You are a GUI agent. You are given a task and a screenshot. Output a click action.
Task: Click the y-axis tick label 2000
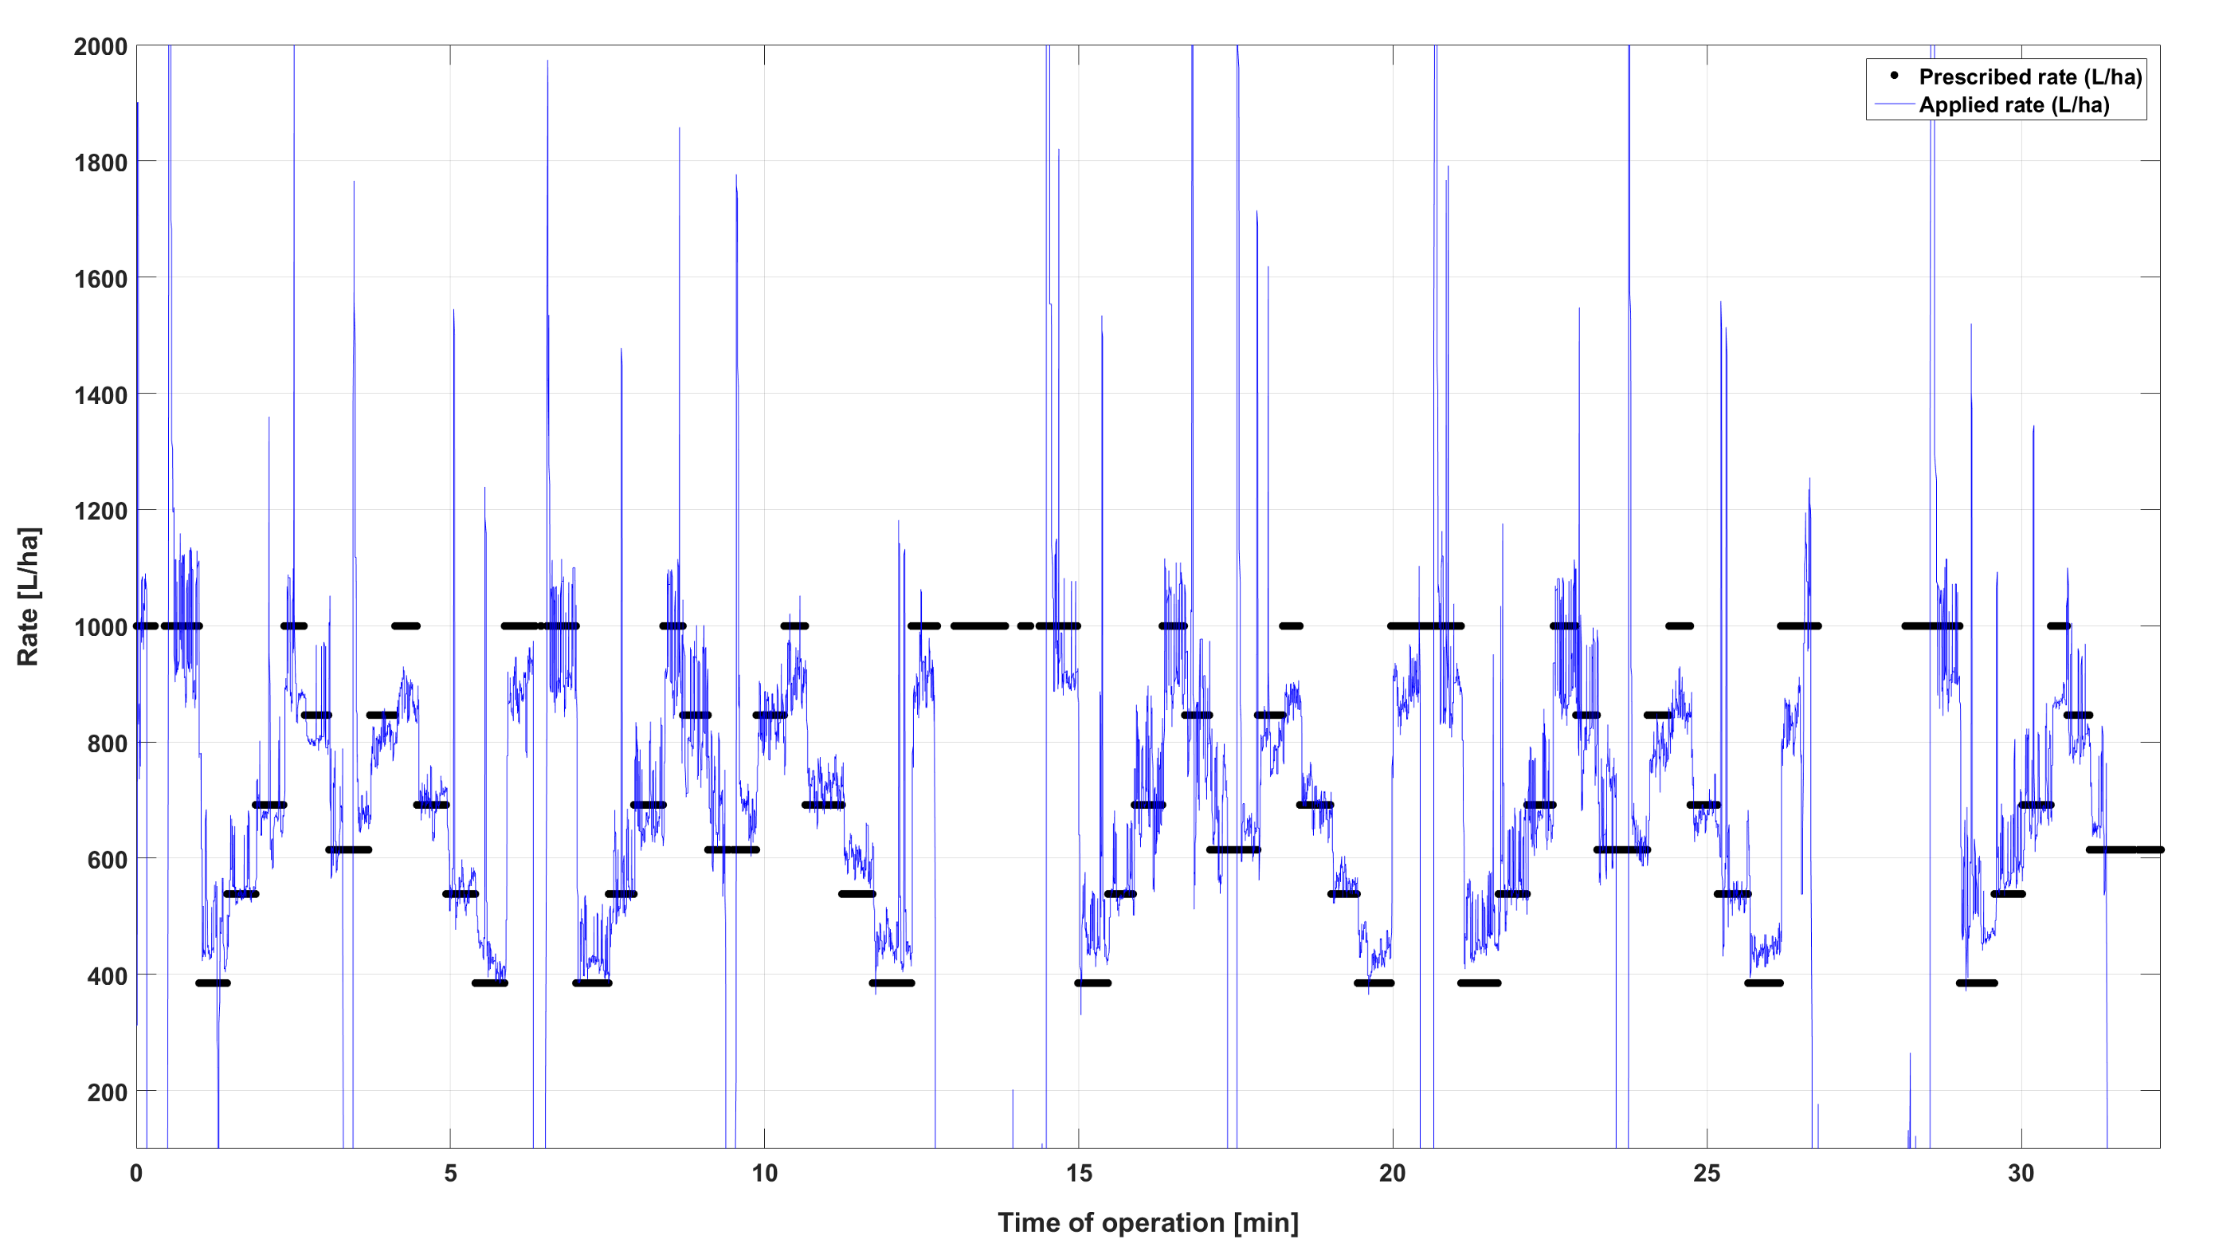tap(100, 47)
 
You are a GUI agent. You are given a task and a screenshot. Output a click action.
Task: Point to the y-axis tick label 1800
tap(100, 163)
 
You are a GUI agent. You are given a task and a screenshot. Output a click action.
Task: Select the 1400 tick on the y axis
tap(100, 395)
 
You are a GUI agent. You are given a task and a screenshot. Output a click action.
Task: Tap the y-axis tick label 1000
tap(100, 627)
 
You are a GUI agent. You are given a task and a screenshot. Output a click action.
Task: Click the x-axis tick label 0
tap(136, 1174)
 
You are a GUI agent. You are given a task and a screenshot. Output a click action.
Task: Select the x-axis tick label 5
tap(450, 1174)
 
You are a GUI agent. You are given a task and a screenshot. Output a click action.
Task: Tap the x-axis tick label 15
tap(1078, 1174)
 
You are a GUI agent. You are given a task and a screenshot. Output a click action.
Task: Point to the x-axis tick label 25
tap(1707, 1174)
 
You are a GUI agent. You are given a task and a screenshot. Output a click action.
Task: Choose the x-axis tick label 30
tap(2021, 1174)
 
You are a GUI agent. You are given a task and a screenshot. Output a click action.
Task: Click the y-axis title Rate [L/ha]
tap(28, 597)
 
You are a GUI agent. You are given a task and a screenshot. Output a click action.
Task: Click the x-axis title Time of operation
tap(1147, 1222)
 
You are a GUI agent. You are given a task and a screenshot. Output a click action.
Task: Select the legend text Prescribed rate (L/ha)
tap(2030, 77)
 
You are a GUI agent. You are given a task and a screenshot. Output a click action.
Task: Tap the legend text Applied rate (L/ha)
tap(2013, 105)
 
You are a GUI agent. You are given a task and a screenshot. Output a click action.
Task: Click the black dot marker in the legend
tap(1894, 76)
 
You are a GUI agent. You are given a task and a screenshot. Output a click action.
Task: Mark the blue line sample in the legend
tap(1894, 104)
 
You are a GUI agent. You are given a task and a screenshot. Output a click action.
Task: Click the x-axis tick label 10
tap(764, 1174)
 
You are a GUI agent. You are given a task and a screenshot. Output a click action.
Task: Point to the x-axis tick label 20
tap(1392, 1174)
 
